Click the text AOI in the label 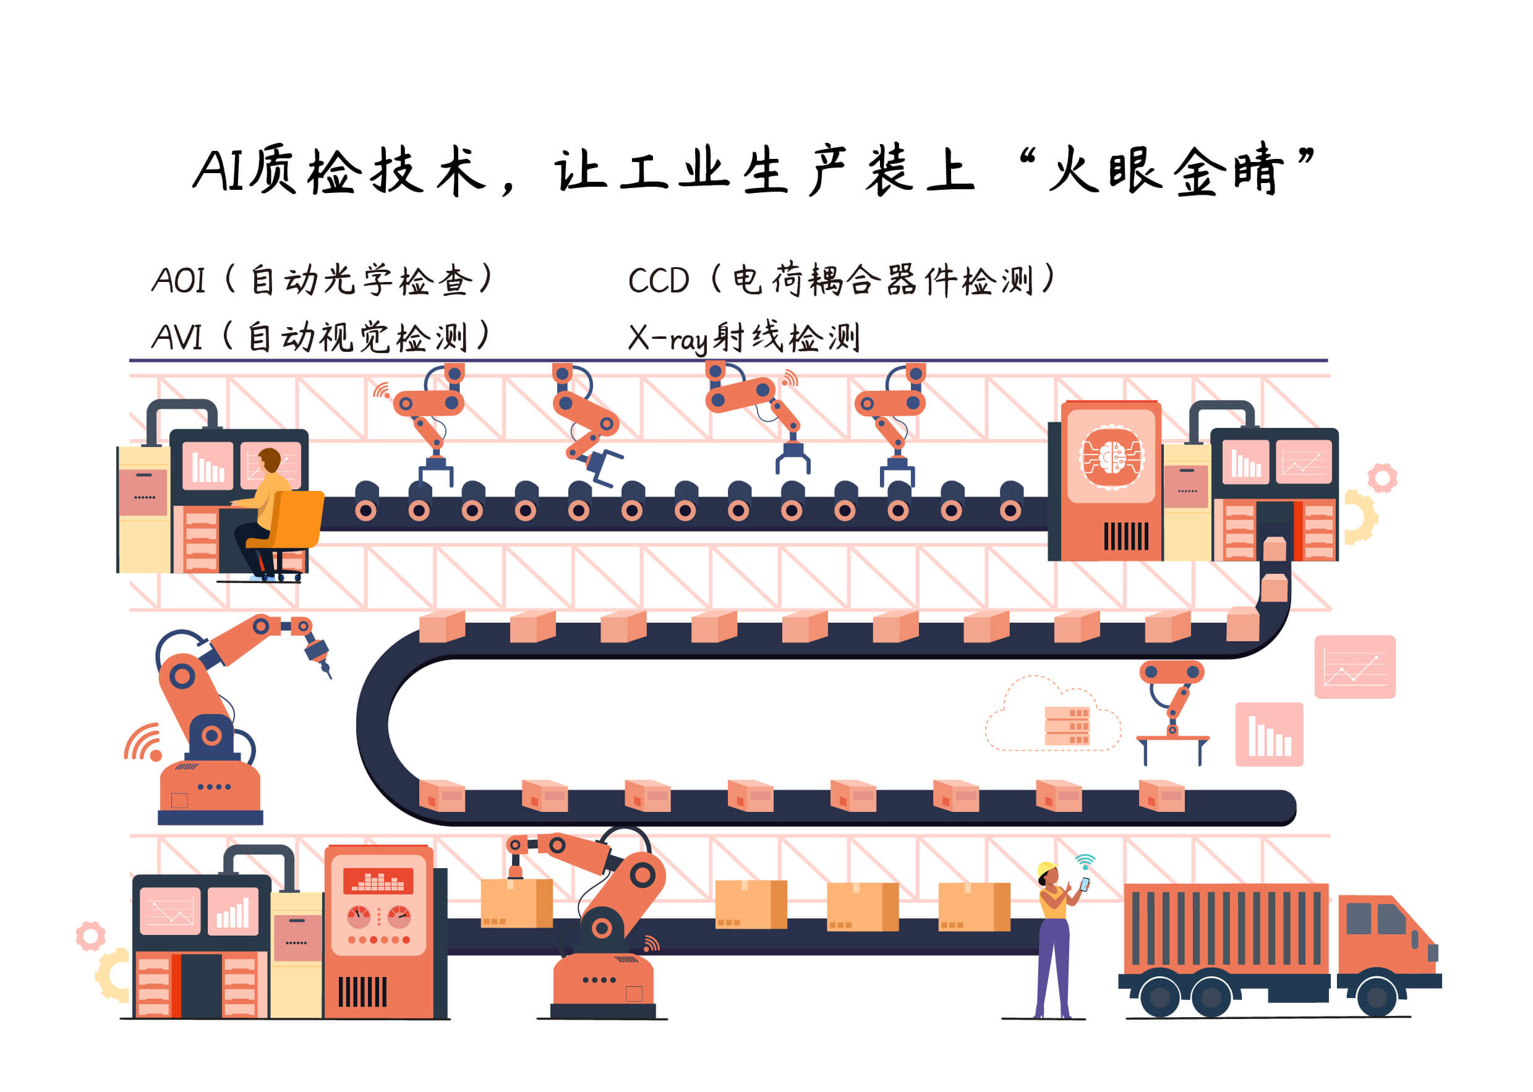coord(178,280)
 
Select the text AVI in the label coord(177,337)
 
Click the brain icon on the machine coord(1111,456)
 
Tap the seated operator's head coord(270,459)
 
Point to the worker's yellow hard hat coord(1046,869)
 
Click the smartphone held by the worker coord(1085,884)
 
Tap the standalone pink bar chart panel coord(1269,734)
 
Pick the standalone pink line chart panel coord(1354,667)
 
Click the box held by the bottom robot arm coord(516,903)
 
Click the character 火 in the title coord(1073,169)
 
